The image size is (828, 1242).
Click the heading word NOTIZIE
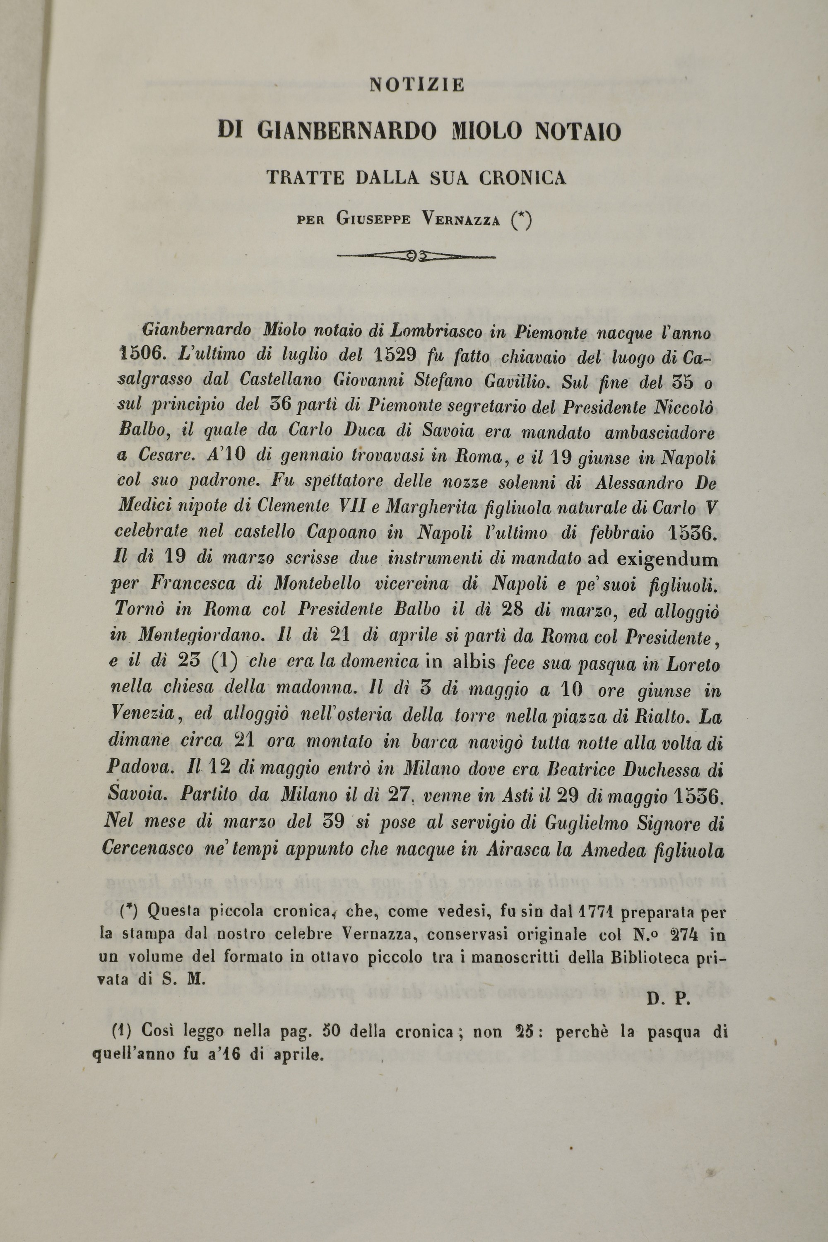coord(416,84)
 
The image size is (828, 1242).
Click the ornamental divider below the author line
coord(416,257)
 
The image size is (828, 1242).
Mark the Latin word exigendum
coord(667,558)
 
